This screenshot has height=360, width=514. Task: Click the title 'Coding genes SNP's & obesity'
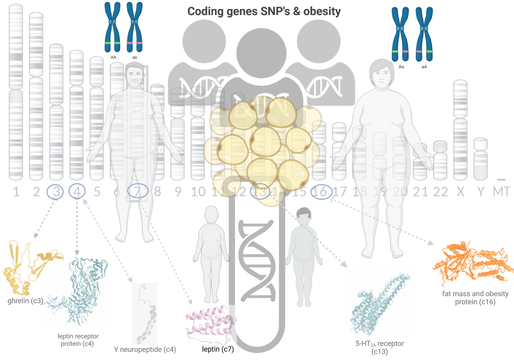[x=264, y=12]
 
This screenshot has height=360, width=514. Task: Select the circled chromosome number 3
[x=56, y=192]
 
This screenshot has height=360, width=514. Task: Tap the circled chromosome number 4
[x=77, y=192]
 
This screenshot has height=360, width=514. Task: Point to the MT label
[x=501, y=192]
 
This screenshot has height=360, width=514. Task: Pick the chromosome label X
[x=460, y=192]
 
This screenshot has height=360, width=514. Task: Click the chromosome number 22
[x=440, y=192]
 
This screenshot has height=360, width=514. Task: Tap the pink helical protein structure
[x=210, y=324]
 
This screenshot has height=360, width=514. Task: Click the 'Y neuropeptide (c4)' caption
[x=145, y=350]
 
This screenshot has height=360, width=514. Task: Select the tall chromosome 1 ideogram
[x=16, y=92]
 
